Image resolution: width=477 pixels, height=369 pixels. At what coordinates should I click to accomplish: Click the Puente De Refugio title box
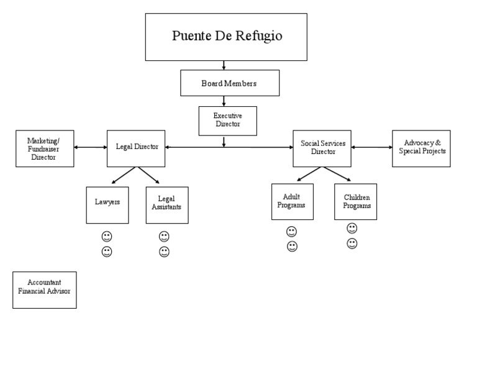point(226,37)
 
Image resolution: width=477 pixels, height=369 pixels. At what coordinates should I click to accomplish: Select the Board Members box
point(230,83)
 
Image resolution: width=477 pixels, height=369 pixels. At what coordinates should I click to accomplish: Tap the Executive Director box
point(227,121)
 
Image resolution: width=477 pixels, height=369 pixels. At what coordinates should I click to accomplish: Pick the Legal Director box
point(136,148)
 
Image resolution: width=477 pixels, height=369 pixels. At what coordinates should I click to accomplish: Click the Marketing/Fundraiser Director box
point(45,148)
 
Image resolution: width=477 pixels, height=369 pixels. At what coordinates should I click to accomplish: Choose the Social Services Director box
point(322,148)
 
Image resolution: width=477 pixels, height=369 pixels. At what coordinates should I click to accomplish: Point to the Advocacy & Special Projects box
point(421,148)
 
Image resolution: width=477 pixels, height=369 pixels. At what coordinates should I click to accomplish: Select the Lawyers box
point(107,204)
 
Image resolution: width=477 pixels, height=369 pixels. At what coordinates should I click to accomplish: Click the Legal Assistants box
point(166,204)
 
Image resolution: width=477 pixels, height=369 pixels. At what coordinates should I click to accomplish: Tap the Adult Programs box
point(292,201)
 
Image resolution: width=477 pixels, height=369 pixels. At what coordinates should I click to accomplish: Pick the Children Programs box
point(355,201)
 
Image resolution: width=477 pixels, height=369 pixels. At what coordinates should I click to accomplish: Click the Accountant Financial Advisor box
point(45,289)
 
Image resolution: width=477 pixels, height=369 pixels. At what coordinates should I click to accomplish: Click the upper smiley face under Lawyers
point(107,237)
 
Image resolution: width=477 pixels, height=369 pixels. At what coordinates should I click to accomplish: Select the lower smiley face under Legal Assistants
point(164,252)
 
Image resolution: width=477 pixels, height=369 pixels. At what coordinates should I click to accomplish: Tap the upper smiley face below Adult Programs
point(292,231)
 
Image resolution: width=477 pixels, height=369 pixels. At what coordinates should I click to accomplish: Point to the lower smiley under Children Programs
point(352,244)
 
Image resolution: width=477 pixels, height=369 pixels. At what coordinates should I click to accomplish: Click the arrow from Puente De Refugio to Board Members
point(224,65)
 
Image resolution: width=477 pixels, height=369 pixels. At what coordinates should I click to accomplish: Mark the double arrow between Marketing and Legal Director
point(91,148)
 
